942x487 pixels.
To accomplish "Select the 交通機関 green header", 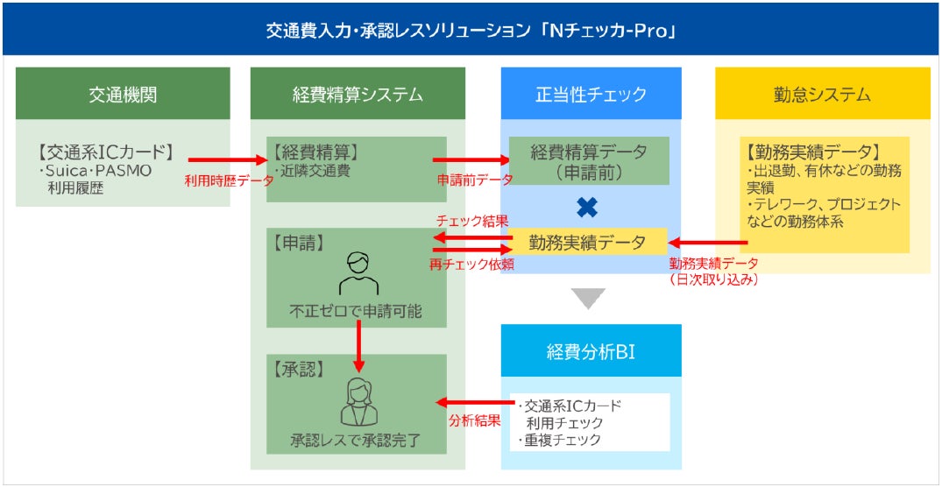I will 123,94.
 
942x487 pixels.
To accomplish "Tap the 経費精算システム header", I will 358,94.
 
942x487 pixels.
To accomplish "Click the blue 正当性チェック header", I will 591,94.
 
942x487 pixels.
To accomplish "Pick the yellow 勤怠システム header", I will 822,94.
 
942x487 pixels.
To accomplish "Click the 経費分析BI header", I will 591,351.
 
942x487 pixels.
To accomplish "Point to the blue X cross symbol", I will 588,208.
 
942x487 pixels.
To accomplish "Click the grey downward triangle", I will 589,299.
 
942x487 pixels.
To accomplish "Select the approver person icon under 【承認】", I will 358,401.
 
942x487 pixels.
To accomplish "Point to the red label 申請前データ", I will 474,180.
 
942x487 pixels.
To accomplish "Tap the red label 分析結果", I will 474,420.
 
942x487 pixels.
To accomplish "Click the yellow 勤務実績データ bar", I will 588,243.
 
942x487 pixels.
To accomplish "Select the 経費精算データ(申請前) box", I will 588,161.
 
